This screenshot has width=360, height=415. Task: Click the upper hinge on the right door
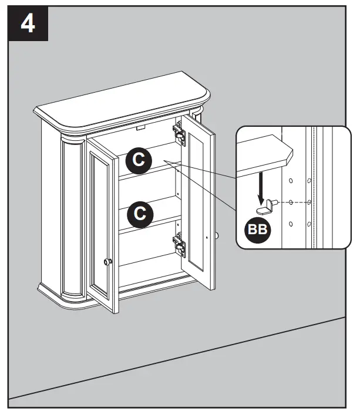(179, 134)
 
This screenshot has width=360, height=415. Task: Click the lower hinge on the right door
(179, 245)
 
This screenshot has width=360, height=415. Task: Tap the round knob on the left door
(107, 261)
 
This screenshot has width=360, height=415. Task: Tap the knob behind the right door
(217, 236)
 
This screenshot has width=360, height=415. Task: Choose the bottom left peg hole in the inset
(291, 224)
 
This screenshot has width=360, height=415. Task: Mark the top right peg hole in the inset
(309, 180)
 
